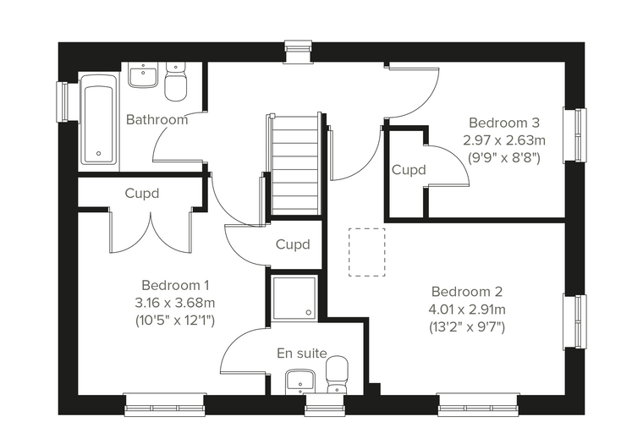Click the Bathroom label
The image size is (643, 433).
coord(157,120)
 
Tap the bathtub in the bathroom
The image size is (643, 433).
coord(98,119)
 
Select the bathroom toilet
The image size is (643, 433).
coord(175,81)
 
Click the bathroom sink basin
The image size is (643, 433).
coord(143,74)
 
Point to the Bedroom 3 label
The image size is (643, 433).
coord(504,123)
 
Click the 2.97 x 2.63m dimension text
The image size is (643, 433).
coord(504,140)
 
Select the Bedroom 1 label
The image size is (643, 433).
coord(175,285)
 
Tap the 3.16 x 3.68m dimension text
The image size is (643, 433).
coord(175,303)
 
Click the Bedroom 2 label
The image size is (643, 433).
coord(467,292)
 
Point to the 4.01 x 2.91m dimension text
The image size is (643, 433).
coord(467,310)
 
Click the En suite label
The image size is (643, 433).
coord(302,353)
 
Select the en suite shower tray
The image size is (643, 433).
coord(294,298)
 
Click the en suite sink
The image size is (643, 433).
coord(300,381)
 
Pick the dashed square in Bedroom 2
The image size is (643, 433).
coord(367,252)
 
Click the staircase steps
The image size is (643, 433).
coord(294,164)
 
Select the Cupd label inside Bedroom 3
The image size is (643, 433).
coord(409,170)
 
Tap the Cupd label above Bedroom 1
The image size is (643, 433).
coord(142,193)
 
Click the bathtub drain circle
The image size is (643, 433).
coord(98,154)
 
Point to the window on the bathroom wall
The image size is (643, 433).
coord(62,101)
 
